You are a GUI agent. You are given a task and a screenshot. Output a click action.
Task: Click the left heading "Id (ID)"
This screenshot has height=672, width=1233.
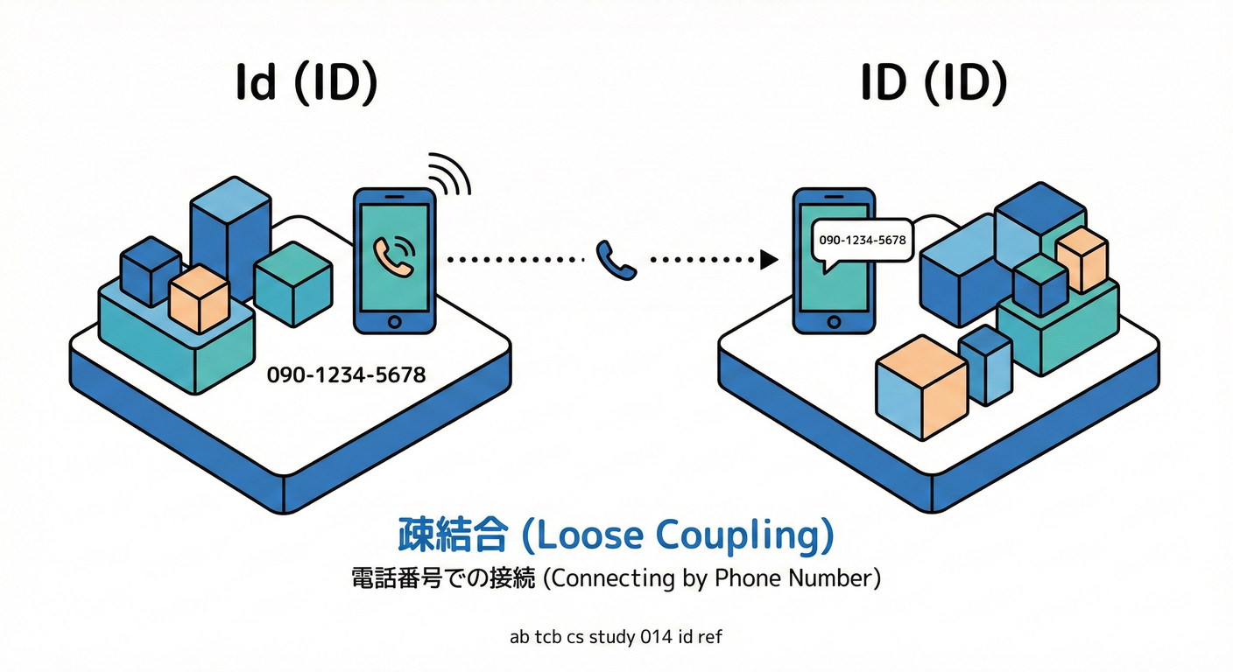click(306, 86)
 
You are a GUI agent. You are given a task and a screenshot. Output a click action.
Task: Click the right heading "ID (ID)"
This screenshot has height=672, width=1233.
click(934, 85)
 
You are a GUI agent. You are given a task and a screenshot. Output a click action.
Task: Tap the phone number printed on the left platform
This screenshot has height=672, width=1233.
click(347, 375)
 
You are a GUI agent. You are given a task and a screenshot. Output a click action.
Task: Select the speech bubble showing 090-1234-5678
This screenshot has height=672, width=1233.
click(862, 239)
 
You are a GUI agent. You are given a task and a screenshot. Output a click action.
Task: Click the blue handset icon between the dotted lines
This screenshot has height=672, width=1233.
click(616, 259)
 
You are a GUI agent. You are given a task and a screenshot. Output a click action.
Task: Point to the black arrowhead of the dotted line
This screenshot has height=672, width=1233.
click(770, 259)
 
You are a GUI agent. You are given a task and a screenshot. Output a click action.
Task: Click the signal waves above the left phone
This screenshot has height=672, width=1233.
click(451, 174)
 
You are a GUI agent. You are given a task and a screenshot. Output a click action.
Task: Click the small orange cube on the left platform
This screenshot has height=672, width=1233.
click(199, 298)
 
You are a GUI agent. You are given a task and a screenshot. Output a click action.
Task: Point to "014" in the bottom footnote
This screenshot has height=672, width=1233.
click(656, 637)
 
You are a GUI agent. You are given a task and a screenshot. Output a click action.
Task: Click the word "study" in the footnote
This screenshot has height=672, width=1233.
click(610, 637)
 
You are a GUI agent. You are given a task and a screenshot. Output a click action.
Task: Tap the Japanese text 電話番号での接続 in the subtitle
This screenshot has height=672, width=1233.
click(443, 579)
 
